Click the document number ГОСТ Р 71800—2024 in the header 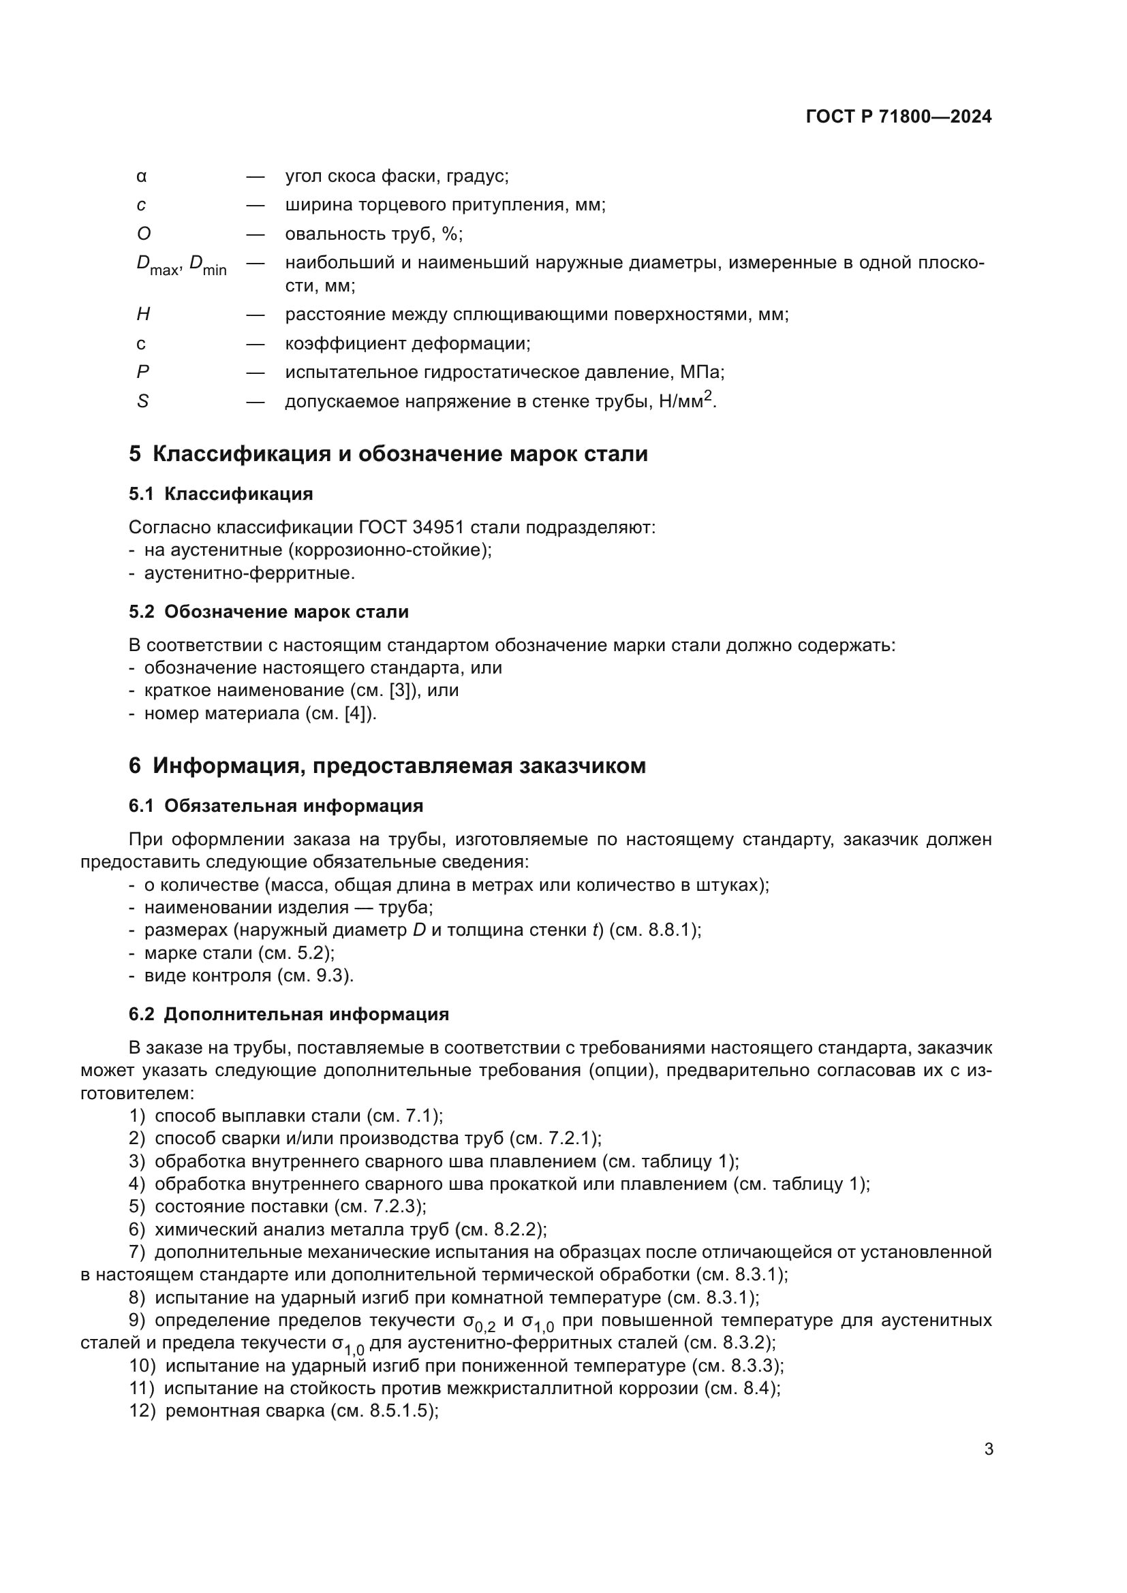coord(899,116)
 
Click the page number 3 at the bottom coord(989,1450)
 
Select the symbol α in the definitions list coord(142,176)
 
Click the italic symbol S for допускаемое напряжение coord(142,402)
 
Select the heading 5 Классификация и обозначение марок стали coord(388,454)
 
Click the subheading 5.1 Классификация coord(221,494)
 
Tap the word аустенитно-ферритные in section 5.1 coord(249,573)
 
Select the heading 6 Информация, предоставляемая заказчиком coord(386,766)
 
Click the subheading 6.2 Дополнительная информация coord(289,1014)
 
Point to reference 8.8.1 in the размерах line coord(670,930)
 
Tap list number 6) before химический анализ coord(137,1229)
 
